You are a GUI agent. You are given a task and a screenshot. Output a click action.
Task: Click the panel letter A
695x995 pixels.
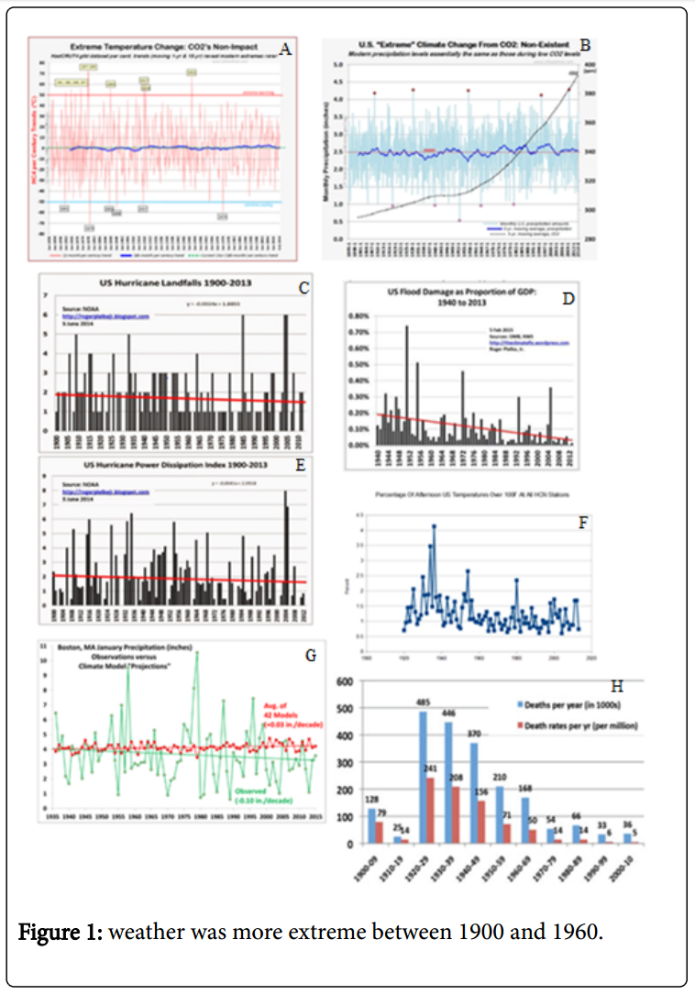pos(286,50)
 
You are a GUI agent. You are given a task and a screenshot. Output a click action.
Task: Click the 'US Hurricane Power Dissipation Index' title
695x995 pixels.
pos(171,465)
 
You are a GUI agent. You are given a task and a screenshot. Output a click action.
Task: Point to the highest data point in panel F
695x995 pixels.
pos(434,526)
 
